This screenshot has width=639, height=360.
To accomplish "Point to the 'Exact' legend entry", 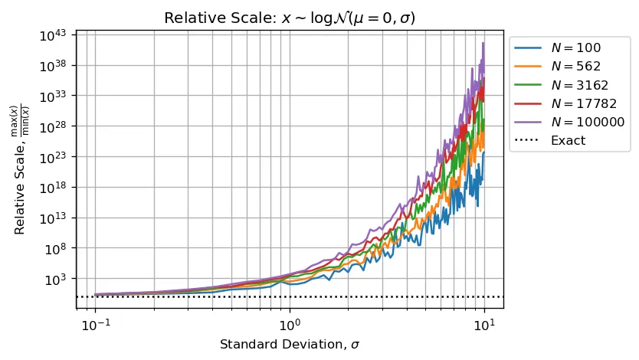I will point(568,140).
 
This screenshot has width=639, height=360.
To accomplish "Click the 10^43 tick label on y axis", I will point(56,34).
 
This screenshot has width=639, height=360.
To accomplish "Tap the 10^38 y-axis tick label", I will point(56,65).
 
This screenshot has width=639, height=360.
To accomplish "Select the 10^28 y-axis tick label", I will point(56,126).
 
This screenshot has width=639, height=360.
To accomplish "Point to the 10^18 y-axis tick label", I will point(56,187).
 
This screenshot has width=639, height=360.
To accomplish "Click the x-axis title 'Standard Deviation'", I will point(290,345).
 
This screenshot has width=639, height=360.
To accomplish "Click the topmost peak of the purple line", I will point(483,42).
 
